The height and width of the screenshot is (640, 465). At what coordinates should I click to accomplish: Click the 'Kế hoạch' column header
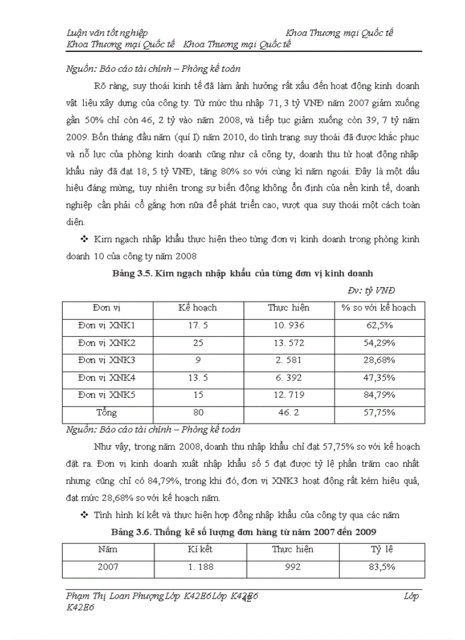coord(198,308)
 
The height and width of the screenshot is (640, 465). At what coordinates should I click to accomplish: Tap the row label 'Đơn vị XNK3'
coord(107,360)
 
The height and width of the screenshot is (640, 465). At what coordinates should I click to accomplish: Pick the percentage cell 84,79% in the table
coord(379,395)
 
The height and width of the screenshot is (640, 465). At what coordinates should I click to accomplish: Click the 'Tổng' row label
coord(107,412)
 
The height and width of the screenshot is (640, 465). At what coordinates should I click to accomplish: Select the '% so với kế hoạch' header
coord(379,308)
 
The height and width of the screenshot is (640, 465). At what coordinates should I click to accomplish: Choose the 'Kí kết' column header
coord(199,550)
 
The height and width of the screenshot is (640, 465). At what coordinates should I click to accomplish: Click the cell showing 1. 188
coord(199,568)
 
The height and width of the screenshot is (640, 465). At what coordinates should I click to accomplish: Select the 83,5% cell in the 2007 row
coord(382,568)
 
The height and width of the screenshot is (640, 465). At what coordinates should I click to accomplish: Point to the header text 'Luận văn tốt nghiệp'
coord(107,33)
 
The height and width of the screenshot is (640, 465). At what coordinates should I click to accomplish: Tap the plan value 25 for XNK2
coord(198,343)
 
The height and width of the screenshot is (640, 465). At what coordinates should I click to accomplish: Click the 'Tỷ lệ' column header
coord(382,550)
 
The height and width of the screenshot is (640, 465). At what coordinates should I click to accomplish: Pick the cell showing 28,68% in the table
coord(379,360)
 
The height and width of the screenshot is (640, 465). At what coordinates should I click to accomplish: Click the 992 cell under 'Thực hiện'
coord(292,568)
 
